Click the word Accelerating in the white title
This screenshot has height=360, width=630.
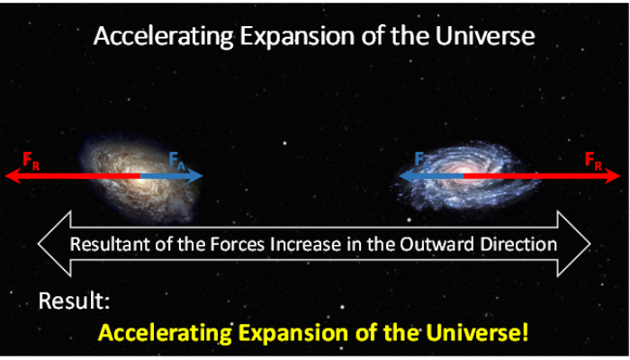163,37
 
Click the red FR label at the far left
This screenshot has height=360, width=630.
31,162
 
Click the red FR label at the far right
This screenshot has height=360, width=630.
593,162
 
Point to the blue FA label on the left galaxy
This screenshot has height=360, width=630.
176,162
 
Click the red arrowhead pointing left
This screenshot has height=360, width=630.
12,176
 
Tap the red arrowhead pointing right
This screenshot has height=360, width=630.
612,176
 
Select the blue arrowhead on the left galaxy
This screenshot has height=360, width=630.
195,176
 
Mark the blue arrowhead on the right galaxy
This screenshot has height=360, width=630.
407,176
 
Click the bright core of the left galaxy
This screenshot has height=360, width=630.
140,179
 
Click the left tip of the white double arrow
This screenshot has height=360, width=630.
39,244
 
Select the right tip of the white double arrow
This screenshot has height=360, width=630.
589,244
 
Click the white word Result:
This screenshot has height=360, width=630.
74,301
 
